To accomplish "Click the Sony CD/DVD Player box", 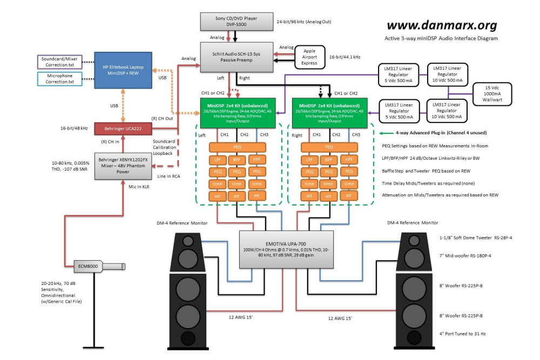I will coord(237,22).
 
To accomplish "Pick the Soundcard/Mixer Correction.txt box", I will coord(60,62).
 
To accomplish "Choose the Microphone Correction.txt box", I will coord(60,79).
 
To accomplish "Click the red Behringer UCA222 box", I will coord(123,129).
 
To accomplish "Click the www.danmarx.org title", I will coord(442,25).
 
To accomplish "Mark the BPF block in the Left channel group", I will coord(237,159).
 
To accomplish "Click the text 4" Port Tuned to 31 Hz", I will coord(462,334).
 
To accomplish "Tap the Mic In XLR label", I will coord(139,186).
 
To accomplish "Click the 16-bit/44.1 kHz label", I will coord(345,56).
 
